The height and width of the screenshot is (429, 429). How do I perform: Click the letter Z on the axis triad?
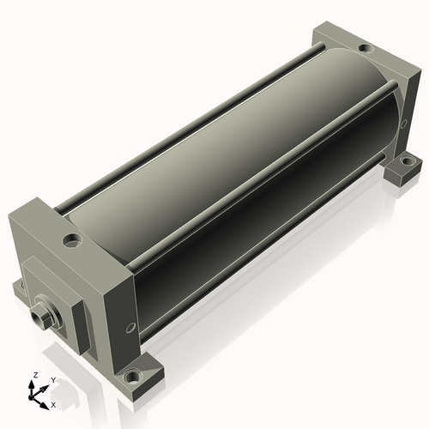click(35, 375)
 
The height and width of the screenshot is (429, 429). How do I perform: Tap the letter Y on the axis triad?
click(53, 380)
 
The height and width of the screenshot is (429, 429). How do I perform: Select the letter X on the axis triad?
click(53, 405)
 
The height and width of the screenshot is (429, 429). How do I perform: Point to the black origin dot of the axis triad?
click(31, 397)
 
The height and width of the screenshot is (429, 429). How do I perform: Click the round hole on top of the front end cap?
click(72, 239)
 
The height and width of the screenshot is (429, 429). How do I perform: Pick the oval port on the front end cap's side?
click(130, 328)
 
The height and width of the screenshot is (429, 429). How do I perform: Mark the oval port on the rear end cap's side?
click(403, 124)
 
